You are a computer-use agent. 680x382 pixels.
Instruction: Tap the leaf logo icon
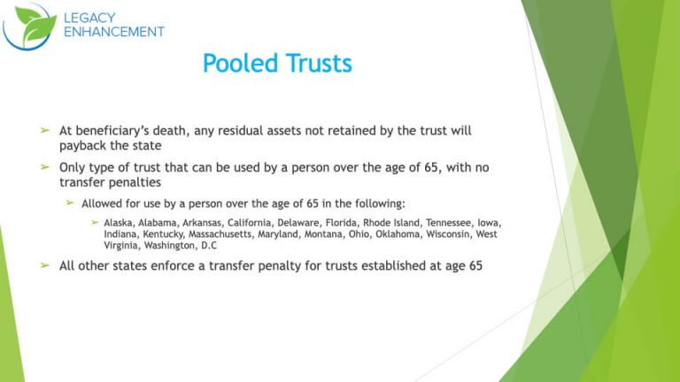coord(27,27)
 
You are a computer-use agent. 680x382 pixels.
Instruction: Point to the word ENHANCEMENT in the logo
coord(114,32)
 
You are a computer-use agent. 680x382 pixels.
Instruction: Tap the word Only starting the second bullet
coord(73,166)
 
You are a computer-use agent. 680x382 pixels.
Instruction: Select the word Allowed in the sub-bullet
coord(104,203)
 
